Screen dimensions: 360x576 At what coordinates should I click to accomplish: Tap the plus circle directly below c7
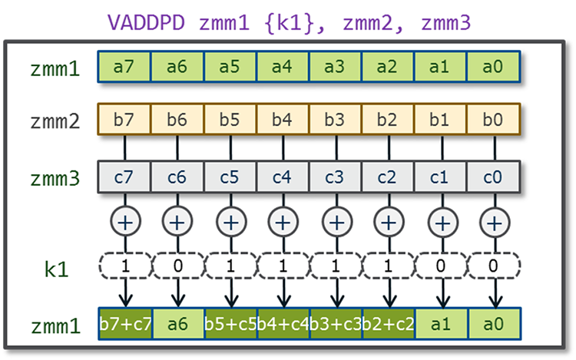pyautogui.click(x=124, y=222)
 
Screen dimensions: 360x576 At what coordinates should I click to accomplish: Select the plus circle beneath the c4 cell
pyautogui.click(x=283, y=222)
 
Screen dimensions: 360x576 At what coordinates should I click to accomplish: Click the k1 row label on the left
pyautogui.click(x=55, y=269)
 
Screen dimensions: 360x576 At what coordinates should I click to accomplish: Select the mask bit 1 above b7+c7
pyautogui.click(x=124, y=268)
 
